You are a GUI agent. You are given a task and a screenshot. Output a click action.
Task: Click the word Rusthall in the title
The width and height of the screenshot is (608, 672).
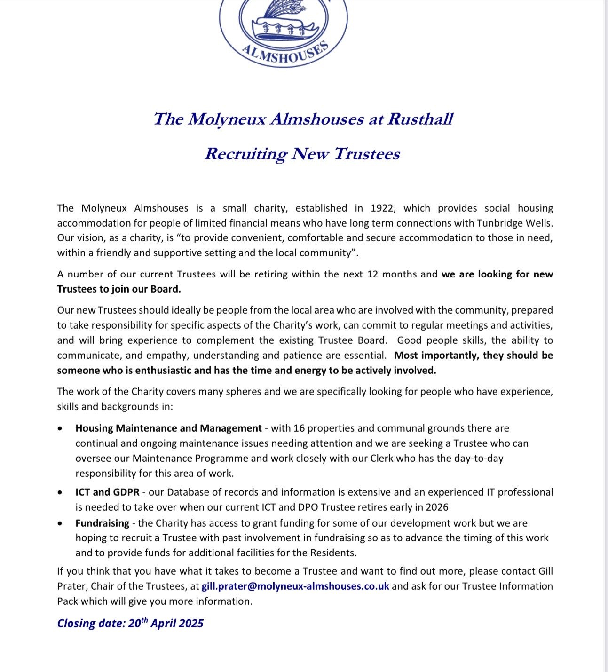420,119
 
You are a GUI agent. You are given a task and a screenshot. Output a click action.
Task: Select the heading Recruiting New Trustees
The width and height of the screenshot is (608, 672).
302,154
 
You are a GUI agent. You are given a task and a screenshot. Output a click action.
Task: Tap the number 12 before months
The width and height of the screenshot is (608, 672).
372,274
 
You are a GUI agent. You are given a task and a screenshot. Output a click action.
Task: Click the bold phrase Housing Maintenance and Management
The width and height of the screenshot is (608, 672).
168,428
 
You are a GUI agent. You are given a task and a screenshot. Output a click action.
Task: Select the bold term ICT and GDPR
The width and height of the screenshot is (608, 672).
107,492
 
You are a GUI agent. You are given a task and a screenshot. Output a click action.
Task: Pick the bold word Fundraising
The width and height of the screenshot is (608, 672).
102,523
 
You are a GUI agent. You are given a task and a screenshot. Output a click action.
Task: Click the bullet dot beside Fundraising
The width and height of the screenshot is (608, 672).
60,523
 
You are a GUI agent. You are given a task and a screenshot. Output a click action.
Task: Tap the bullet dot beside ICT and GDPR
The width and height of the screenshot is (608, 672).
60,493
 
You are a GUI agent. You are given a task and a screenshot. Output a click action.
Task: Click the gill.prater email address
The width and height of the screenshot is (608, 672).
295,586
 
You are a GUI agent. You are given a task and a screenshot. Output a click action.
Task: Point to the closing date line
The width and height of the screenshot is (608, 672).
130,624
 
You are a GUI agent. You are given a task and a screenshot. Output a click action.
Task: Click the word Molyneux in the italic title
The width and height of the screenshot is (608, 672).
227,119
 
